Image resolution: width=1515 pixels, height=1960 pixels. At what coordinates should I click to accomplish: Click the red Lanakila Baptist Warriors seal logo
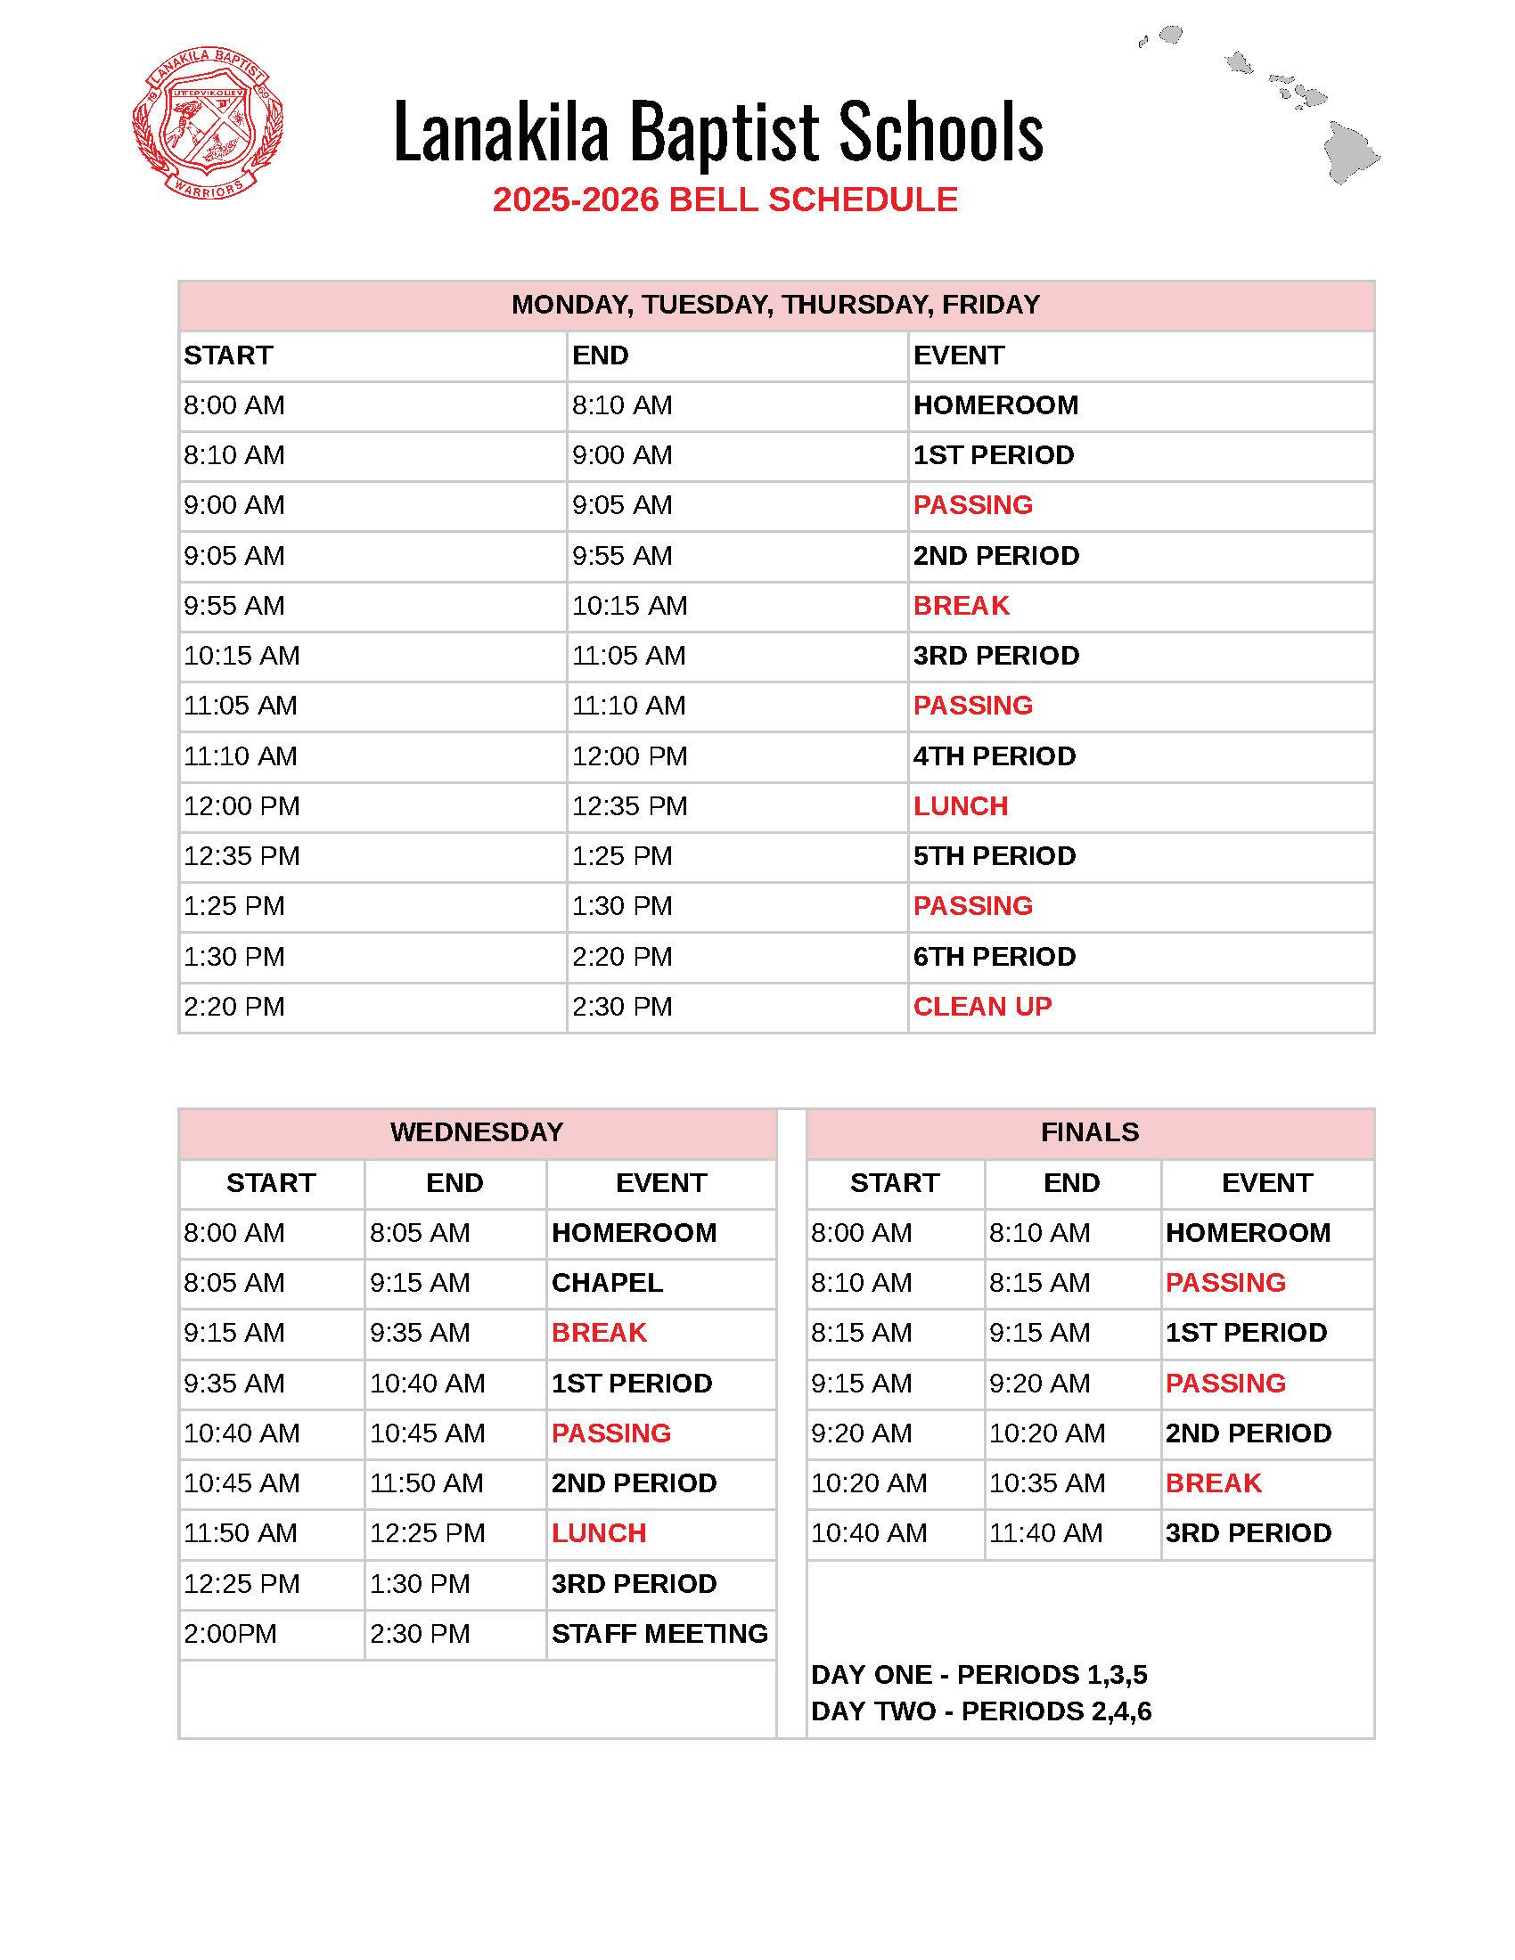click(x=208, y=123)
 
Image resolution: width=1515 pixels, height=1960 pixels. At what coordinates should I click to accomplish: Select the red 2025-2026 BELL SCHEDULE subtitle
click(x=725, y=200)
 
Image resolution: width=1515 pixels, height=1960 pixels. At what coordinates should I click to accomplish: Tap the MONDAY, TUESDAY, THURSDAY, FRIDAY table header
click(x=775, y=305)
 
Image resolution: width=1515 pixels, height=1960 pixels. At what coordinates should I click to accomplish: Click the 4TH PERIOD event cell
click(x=995, y=756)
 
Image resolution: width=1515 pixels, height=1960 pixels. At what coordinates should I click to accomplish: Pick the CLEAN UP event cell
click(x=982, y=1007)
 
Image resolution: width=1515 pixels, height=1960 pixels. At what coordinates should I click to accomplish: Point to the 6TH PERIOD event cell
click(x=995, y=957)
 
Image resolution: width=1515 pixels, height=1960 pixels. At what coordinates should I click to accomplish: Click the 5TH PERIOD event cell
click(x=995, y=856)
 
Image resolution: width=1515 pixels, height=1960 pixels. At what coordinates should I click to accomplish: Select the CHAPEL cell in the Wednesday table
click(x=607, y=1283)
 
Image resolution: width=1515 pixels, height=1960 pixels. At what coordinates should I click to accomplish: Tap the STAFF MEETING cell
click(x=659, y=1634)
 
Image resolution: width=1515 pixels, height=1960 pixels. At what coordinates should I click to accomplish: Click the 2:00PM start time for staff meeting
click(x=231, y=1634)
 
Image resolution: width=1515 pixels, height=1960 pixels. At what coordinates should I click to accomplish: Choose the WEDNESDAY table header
click(x=477, y=1132)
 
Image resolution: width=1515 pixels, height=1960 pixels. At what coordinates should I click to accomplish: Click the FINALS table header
click(x=1090, y=1132)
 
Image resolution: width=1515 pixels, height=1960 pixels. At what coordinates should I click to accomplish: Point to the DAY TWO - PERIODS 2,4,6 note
click(x=981, y=1711)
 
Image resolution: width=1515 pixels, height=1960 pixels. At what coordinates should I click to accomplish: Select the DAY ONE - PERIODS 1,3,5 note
click(x=979, y=1675)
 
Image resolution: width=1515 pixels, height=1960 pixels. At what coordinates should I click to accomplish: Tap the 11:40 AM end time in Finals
click(x=1045, y=1534)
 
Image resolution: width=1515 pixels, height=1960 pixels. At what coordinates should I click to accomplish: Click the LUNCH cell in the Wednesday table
click(x=599, y=1534)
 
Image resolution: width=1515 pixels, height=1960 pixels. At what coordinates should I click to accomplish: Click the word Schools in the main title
click(x=940, y=133)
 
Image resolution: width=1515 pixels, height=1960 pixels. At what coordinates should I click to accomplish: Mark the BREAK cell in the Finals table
click(x=1214, y=1483)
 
